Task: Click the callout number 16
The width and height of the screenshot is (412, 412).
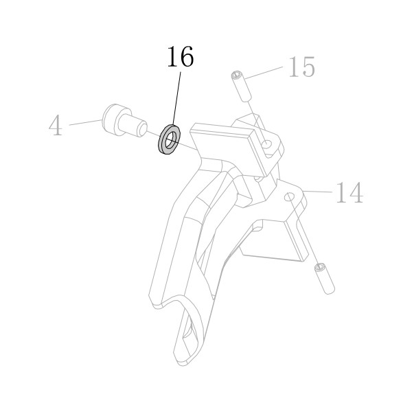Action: pos(181,56)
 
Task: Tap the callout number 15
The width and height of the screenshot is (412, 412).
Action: pos(301,67)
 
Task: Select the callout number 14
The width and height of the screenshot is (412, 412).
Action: pos(350,192)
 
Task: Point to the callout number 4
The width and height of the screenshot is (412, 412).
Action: pos(56,126)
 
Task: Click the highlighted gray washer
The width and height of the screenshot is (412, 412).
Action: pos(169,139)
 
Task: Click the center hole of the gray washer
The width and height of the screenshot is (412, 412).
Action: pos(170,140)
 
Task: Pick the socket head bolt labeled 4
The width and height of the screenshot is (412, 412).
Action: pos(124,120)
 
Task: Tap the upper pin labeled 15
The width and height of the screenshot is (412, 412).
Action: pos(242,87)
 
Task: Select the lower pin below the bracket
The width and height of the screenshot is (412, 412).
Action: pos(325,279)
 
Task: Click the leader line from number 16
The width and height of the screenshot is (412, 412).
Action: pos(176,98)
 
